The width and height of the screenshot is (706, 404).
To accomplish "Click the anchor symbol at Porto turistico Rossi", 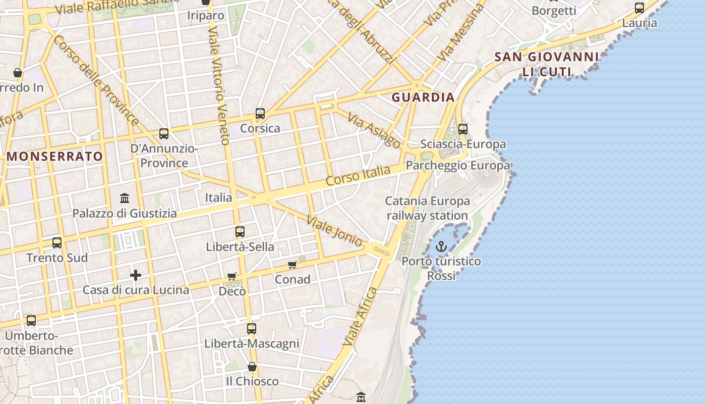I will pos(441,246).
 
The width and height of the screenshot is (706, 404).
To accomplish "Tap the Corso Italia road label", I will pos(358,175).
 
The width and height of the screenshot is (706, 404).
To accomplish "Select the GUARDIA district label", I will pos(423,97).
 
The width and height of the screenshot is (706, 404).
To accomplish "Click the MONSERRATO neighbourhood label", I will pos(55,157).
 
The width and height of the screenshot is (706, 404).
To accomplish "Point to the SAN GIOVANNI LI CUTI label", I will pos(547,64).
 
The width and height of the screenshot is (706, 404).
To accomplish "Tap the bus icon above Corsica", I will pos(260,114).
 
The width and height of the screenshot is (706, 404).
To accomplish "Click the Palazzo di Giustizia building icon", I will pos(125,198).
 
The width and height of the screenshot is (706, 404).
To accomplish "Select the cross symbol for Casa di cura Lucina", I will pos(136,275).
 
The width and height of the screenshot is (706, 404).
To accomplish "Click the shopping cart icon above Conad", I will pos(292,265).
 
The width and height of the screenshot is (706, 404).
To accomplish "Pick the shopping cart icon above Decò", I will pos(232,276).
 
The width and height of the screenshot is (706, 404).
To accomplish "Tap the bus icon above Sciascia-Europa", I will pos(463,129).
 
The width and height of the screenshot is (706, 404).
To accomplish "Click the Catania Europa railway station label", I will pos(427,208).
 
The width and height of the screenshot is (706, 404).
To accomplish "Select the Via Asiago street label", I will pos(374,130).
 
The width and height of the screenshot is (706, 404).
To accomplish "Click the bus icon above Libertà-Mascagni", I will pos(252,329).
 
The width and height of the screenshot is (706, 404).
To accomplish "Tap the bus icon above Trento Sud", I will pos(57,243).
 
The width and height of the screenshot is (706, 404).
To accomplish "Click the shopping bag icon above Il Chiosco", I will pos(252,367).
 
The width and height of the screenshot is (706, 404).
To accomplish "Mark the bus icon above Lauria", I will pos(639,8).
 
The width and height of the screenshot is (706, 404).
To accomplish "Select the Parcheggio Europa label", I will pos(457,166).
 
